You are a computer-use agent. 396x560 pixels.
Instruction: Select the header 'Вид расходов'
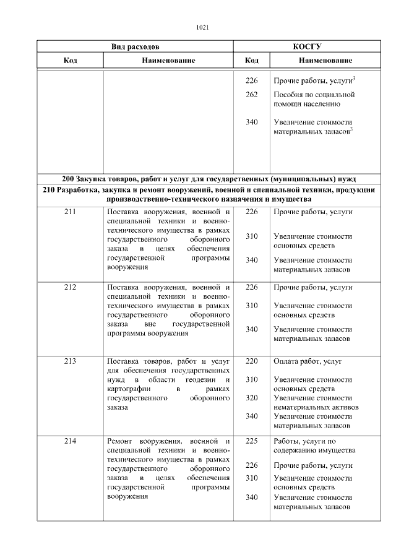tap(135, 46)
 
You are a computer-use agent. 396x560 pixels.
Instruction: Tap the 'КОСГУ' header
tap(311, 46)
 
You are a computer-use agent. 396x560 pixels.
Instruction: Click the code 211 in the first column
tap(70, 212)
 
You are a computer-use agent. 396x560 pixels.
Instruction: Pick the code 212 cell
tap(70, 287)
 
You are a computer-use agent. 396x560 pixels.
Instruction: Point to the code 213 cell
tap(70, 361)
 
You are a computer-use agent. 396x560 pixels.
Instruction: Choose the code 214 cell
tap(70, 441)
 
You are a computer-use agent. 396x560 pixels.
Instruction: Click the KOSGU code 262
tap(251, 95)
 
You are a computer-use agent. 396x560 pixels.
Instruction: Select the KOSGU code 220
tap(251, 361)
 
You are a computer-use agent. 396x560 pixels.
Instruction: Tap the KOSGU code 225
tap(251, 441)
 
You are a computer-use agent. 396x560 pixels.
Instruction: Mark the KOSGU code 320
tap(251, 398)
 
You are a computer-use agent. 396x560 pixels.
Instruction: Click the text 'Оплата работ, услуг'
tap(307, 361)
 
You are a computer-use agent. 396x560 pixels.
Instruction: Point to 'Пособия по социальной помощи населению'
tap(313, 99)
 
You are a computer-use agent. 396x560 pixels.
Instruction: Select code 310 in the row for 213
tap(251, 379)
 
